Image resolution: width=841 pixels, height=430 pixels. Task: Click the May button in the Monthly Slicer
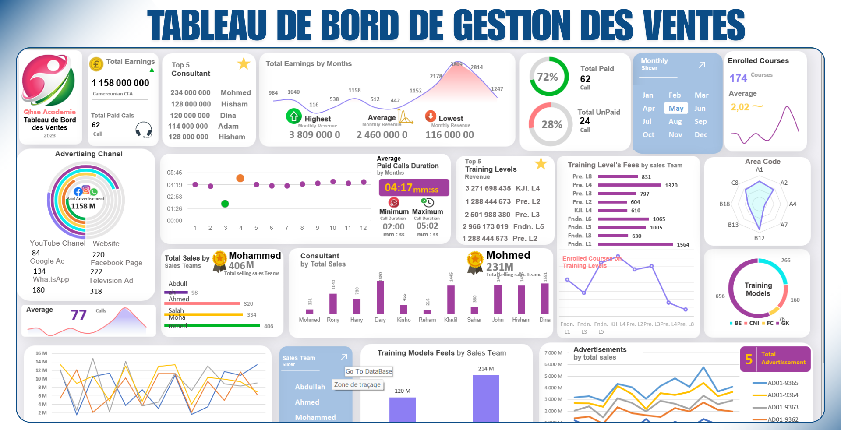(x=676, y=108)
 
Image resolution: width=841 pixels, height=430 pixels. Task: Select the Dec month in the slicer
(x=701, y=135)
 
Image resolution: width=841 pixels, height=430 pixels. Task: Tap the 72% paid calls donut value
(x=548, y=77)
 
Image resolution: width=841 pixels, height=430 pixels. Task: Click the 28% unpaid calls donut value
(x=552, y=125)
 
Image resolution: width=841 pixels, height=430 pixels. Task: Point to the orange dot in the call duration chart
(x=240, y=178)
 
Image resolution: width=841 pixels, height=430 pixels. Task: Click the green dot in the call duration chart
(x=225, y=204)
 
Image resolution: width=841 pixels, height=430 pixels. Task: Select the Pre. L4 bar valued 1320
(x=629, y=185)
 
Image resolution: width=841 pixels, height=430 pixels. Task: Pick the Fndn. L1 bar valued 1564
(x=635, y=244)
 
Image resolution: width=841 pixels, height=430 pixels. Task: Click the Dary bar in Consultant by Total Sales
(x=380, y=297)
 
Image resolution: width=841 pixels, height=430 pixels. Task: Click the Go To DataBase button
(x=369, y=371)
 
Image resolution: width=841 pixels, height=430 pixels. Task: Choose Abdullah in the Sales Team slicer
(x=310, y=387)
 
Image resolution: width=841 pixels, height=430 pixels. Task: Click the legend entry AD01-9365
(x=783, y=383)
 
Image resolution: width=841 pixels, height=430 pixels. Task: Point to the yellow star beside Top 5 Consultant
(x=244, y=64)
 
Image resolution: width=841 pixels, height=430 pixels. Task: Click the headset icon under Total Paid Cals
(x=144, y=130)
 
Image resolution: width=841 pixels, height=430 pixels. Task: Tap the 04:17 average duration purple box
(x=413, y=188)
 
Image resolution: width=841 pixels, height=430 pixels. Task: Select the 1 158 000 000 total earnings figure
(x=120, y=83)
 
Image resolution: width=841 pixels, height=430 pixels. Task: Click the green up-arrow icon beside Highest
(x=294, y=116)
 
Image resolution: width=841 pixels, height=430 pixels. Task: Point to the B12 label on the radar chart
(x=759, y=238)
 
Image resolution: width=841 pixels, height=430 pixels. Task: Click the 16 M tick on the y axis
(x=41, y=353)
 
